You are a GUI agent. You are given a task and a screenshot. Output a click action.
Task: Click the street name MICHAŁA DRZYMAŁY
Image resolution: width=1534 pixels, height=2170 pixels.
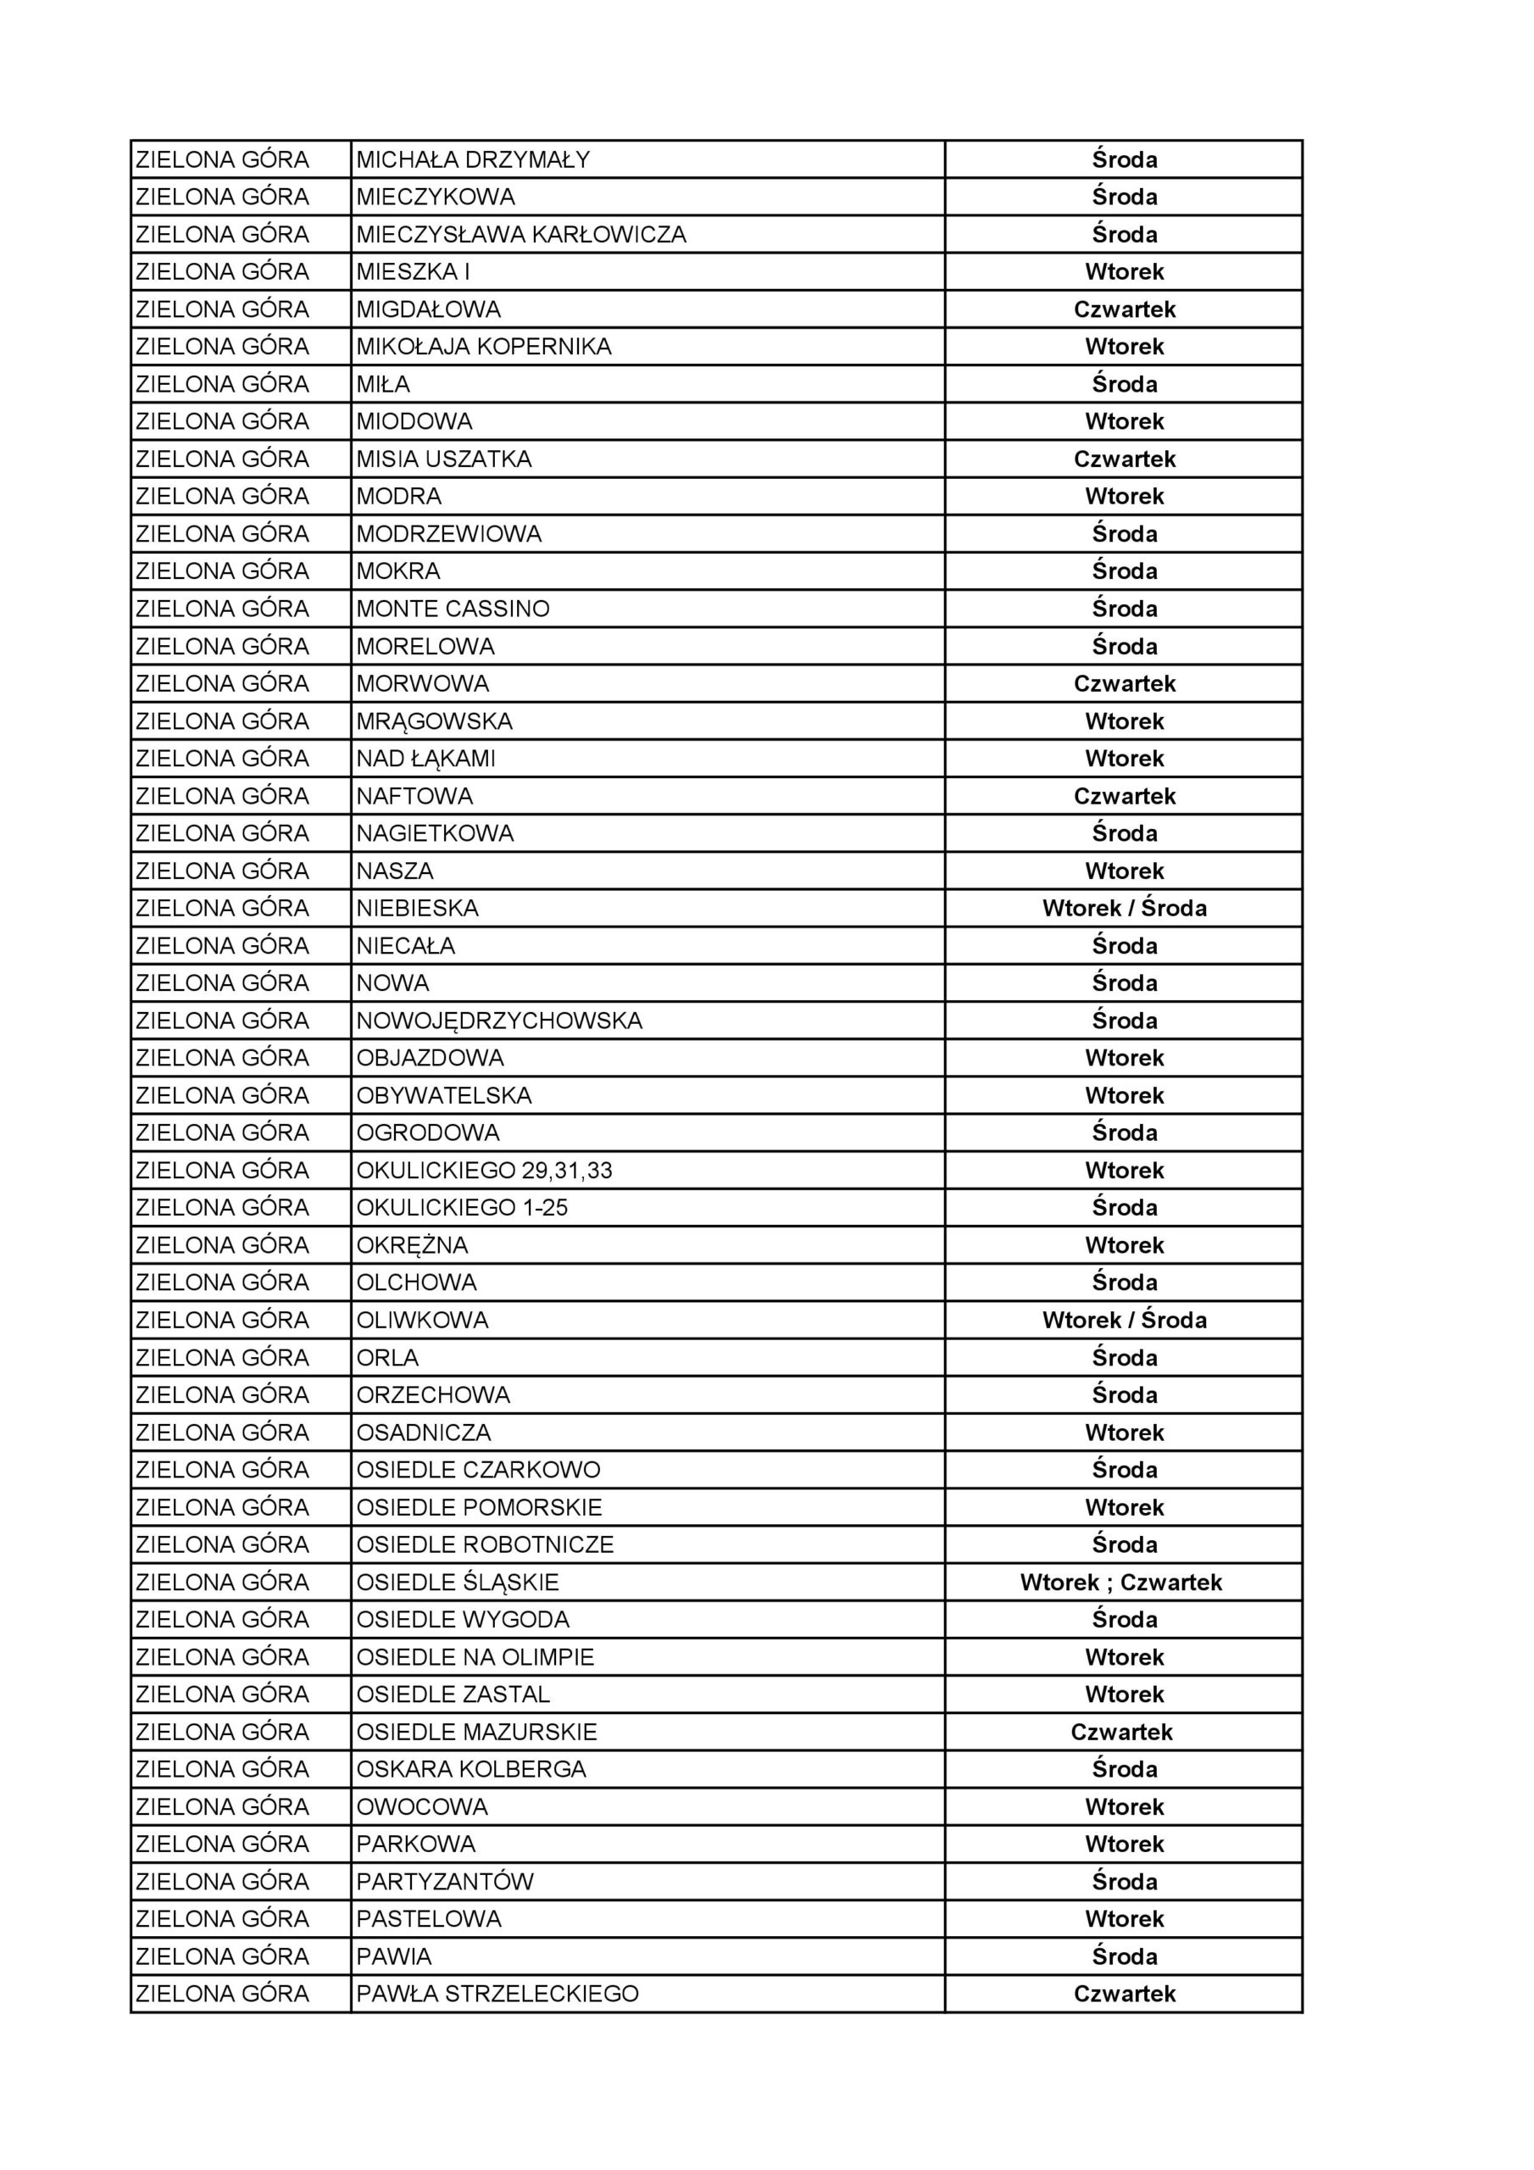tap(473, 159)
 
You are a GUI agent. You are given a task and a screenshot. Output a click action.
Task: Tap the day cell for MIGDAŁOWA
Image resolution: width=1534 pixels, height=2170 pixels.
tap(1124, 309)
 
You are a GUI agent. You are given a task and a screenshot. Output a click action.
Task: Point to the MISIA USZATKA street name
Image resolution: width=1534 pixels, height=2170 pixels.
tap(443, 459)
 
